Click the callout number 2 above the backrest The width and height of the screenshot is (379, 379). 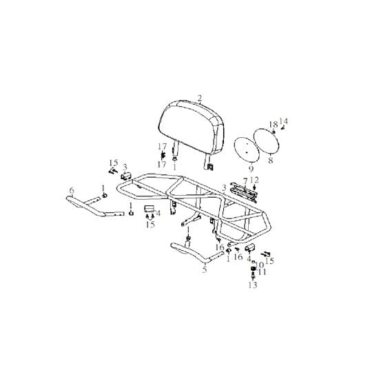click(199, 98)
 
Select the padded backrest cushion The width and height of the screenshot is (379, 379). click(191, 128)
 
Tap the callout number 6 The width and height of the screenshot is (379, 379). click(72, 191)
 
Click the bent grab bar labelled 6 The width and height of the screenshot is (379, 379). click(95, 206)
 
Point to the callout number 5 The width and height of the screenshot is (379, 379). click(205, 269)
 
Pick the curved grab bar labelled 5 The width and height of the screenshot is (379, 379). click(196, 254)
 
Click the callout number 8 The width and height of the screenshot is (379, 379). click(271, 160)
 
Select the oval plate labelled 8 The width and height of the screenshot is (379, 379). click(267, 141)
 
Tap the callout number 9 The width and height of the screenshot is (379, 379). click(251, 169)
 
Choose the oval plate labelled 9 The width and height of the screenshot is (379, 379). click(247, 150)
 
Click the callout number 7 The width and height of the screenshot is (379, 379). click(245, 181)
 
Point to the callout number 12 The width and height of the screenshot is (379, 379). click(254, 180)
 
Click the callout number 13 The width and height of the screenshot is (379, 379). click(253, 285)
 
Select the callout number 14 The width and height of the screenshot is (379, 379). click(284, 121)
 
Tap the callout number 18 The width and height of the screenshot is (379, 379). click(274, 125)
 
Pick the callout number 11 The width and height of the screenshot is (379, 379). click(262, 272)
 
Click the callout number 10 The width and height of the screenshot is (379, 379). click(258, 265)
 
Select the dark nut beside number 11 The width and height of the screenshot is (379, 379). click(253, 269)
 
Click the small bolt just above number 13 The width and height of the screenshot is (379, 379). click(253, 275)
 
